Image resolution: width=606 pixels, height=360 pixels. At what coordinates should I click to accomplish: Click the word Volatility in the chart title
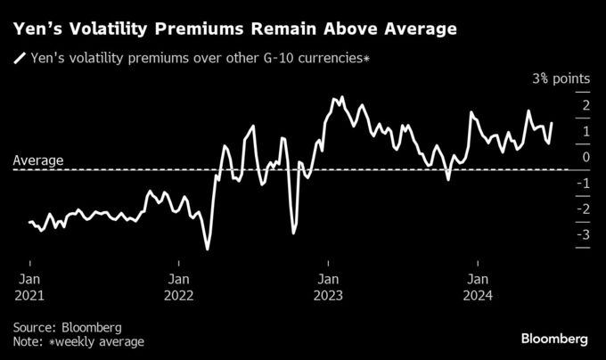point(112,29)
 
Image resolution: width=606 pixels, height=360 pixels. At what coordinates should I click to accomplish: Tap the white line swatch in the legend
point(20,60)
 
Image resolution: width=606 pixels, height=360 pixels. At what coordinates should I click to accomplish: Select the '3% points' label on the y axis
point(561,79)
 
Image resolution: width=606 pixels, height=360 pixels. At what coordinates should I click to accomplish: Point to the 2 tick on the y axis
point(585,106)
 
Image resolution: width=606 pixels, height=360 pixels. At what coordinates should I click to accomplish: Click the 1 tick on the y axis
point(585,132)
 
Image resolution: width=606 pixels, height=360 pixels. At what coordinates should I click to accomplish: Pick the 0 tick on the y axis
point(585,158)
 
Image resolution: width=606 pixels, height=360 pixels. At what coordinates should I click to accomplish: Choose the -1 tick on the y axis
point(582,184)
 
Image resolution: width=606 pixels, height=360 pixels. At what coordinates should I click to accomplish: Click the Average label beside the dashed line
point(38,161)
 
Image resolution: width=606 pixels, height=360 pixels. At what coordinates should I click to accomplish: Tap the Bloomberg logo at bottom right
point(554,339)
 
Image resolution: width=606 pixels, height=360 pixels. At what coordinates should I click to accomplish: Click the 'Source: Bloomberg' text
point(68,327)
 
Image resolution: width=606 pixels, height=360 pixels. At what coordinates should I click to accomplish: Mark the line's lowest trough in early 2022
point(208,250)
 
